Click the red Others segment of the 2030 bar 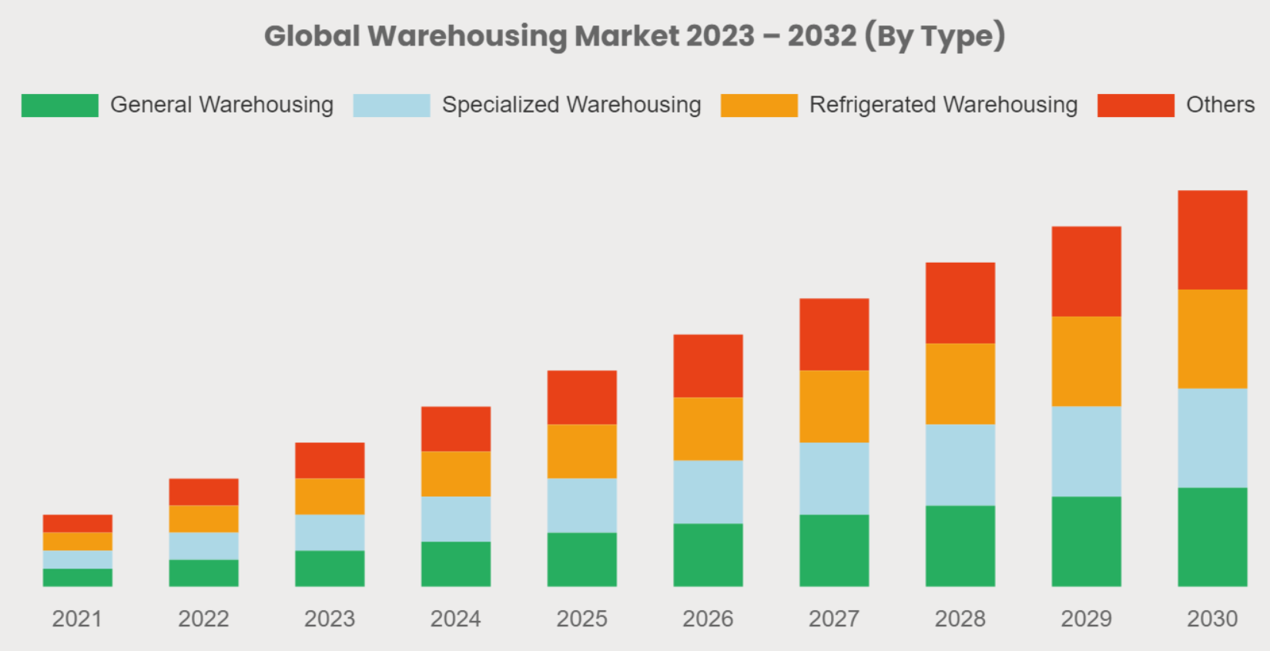coord(1212,240)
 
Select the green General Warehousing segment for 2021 coord(77,577)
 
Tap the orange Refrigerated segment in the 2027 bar coord(834,406)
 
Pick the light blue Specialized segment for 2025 coord(581,505)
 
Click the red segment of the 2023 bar coord(330,460)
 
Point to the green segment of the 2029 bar coord(1086,541)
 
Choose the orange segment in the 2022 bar coord(203,518)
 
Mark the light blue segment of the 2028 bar coord(960,465)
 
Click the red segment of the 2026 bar coord(708,365)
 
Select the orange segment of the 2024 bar coord(455,473)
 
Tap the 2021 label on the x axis coord(77,619)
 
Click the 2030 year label coord(1212,619)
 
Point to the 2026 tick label coord(708,619)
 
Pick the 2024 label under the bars coord(455,619)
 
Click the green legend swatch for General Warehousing coord(60,106)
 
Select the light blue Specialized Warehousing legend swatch coord(391,106)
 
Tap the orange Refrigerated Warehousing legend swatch coord(759,106)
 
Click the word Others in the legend coord(1220,105)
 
